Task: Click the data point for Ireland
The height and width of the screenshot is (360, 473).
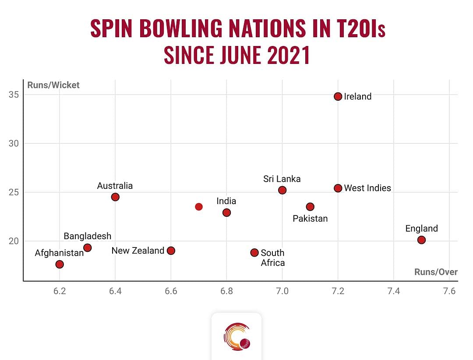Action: tap(338, 96)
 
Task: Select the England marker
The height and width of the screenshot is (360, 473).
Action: tap(421, 240)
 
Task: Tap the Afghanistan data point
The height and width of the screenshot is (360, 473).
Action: tap(60, 264)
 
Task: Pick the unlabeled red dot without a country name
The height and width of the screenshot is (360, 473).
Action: tap(199, 207)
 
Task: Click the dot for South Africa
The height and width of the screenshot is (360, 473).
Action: tap(254, 252)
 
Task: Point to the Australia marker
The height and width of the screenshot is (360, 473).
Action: tap(115, 197)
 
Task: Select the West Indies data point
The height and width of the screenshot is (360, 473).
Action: tap(338, 188)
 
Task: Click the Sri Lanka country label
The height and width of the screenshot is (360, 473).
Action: tap(282, 179)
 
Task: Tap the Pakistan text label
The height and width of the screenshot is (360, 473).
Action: tap(310, 218)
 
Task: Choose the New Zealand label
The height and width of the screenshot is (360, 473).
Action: tap(138, 251)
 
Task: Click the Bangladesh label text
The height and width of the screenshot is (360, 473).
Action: tap(87, 236)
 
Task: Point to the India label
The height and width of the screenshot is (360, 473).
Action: tap(226, 201)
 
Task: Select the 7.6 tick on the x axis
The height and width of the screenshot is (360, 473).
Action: tap(449, 291)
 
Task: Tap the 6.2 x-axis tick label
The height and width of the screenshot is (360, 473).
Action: tap(60, 291)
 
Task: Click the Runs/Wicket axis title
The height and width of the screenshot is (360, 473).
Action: tap(53, 85)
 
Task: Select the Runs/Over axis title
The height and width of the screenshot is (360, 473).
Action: tap(436, 272)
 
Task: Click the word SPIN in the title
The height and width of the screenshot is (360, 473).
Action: tap(112, 28)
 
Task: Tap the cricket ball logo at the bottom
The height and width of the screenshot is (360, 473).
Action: tap(237, 337)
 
